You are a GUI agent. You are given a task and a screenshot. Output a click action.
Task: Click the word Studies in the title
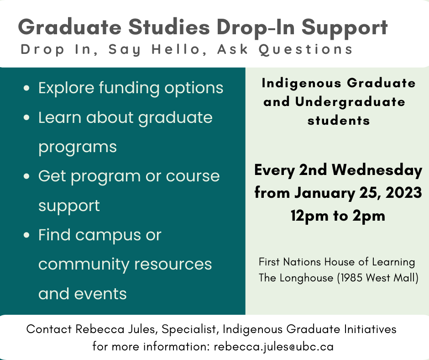[x=169, y=27]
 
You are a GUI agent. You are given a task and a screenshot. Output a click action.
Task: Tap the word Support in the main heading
[x=345, y=28]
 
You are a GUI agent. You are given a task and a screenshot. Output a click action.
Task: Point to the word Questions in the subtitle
[x=306, y=50]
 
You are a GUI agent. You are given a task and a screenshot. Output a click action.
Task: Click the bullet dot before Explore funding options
[x=26, y=88]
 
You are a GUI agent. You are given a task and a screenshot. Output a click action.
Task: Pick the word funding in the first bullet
[x=129, y=89]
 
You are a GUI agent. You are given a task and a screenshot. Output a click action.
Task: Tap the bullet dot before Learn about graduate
[x=26, y=117]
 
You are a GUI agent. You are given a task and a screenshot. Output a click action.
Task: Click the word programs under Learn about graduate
[x=78, y=148]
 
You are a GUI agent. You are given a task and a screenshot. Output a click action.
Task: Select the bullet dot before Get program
[x=26, y=176]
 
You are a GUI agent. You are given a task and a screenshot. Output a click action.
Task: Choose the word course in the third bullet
[x=193, y=176]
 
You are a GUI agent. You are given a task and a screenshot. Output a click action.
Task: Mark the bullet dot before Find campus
[x=26, y=235]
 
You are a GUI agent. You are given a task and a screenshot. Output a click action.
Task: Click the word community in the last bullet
[x=84, y=265]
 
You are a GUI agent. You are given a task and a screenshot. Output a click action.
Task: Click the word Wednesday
[x=377, y=170]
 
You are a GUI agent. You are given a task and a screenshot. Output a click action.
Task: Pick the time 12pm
[x=309, y=216]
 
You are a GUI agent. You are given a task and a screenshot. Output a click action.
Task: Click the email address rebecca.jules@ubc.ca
[x=273, y=347]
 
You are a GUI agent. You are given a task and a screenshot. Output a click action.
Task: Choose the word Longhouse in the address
[x=306, y=278]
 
